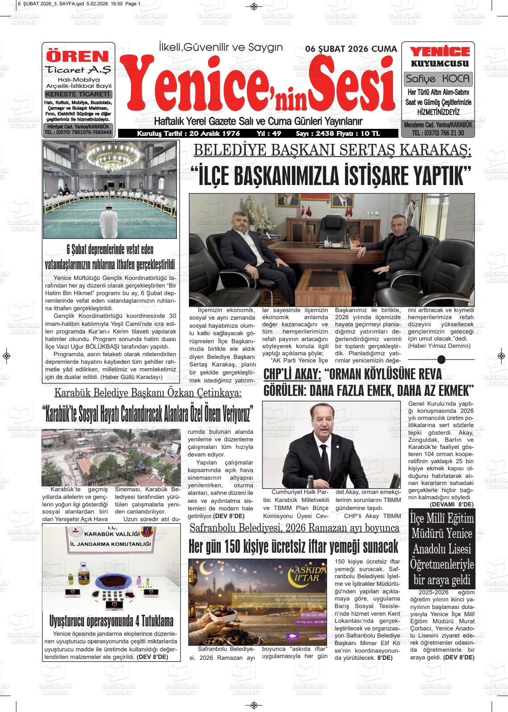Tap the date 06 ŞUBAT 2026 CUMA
[x=351, y=49]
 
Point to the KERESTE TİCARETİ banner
[x=78, y=94]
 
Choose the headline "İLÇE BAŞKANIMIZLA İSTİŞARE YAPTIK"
[x=330, y=176]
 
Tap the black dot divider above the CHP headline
[x=442, y=359]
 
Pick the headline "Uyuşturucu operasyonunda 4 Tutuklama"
[x=111, y=621]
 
